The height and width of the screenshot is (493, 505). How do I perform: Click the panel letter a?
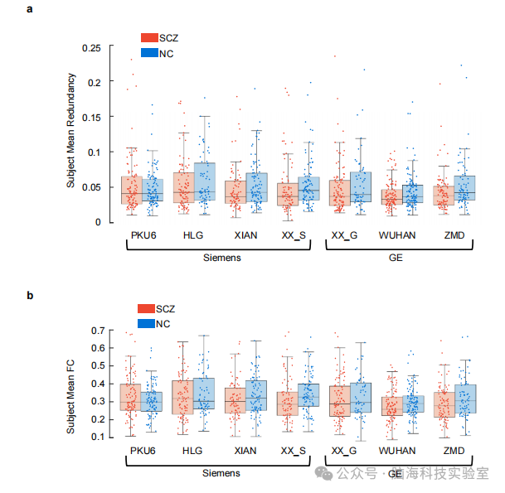coord(30,10)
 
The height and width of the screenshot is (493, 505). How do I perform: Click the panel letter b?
coord(30,296)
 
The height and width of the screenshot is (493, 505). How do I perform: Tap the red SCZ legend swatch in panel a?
coord(149,37)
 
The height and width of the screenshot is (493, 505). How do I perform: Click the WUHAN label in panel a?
coord(397,235)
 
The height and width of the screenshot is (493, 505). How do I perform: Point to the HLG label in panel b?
coord(192,451)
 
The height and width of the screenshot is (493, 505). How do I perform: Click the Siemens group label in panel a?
coord(221,258)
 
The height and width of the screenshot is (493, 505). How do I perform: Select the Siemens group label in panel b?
coord(221,473)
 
